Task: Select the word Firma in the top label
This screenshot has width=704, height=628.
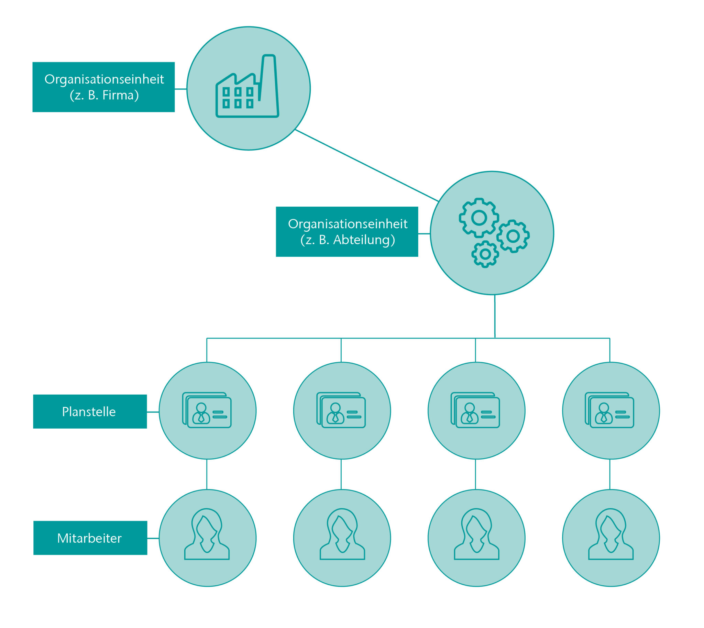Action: tap(118, 95)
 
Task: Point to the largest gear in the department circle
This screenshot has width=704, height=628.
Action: tap(478, 218)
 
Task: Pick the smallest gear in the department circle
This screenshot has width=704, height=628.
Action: tap(485, 254)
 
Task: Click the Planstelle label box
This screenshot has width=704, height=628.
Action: tap(90, 412)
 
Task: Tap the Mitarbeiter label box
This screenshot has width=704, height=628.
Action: tap(90, 538)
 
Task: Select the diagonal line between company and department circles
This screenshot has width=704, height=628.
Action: tap(366, 166)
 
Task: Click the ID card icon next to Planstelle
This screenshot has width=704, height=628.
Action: tap(207, 410)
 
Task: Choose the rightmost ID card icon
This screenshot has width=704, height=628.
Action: tap(610, 410)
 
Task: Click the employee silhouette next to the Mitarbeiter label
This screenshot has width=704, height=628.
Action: tap(207, 535)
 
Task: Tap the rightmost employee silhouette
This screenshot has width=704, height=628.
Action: tap(611, 535)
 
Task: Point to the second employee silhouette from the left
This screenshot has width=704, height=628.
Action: tap(342, 535)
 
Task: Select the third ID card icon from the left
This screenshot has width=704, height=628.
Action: tap(475, 410)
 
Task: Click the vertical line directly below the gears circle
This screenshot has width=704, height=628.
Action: tap(495, 316)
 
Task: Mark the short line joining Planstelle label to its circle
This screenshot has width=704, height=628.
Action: tap(153, 412)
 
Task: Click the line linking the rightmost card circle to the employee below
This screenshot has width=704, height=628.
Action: tap(610, 474)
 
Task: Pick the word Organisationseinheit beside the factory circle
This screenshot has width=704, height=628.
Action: tap(104, 79)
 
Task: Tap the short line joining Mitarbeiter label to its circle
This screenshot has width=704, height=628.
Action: tap(153, 538)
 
